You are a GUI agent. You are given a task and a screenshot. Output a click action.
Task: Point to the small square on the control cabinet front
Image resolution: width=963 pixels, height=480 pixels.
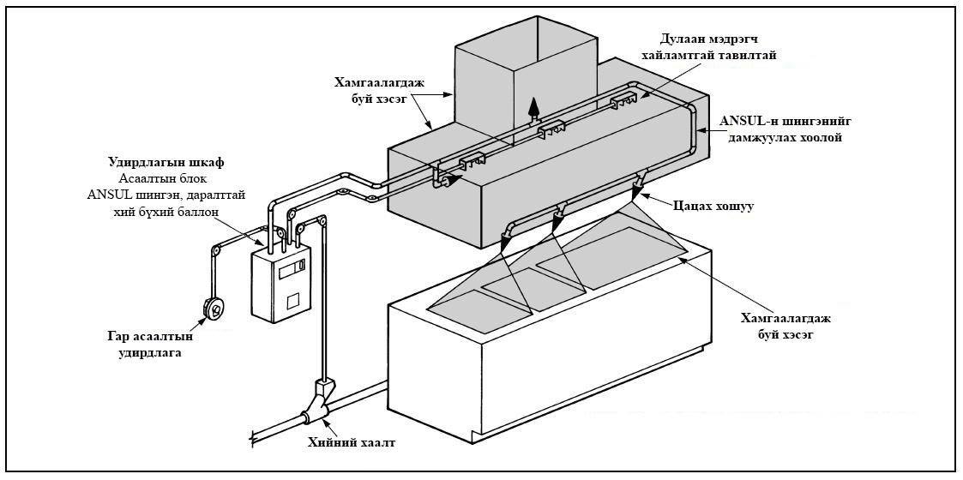(x=292, y=301)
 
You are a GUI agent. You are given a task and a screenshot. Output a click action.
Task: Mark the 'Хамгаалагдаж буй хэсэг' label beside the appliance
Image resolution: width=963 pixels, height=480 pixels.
(x=777, y=326)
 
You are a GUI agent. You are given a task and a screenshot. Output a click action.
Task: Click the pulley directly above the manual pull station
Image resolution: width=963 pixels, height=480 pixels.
(x=215, y=251)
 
